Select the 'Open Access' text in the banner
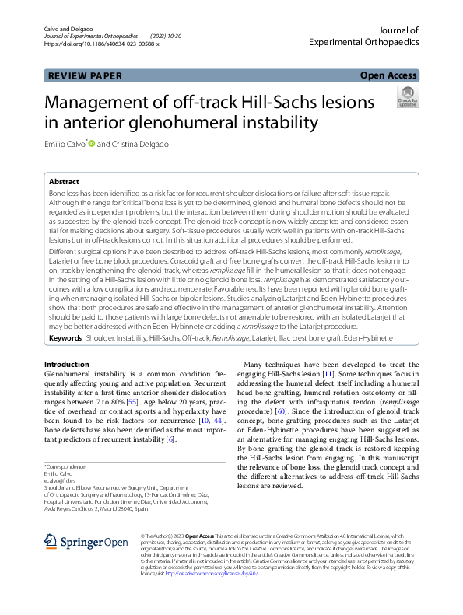point(388,75)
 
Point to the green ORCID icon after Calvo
point(91,143)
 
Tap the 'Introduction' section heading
point(66,365)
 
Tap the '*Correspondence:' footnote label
point(65,466)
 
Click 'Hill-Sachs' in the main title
point(300,102)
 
